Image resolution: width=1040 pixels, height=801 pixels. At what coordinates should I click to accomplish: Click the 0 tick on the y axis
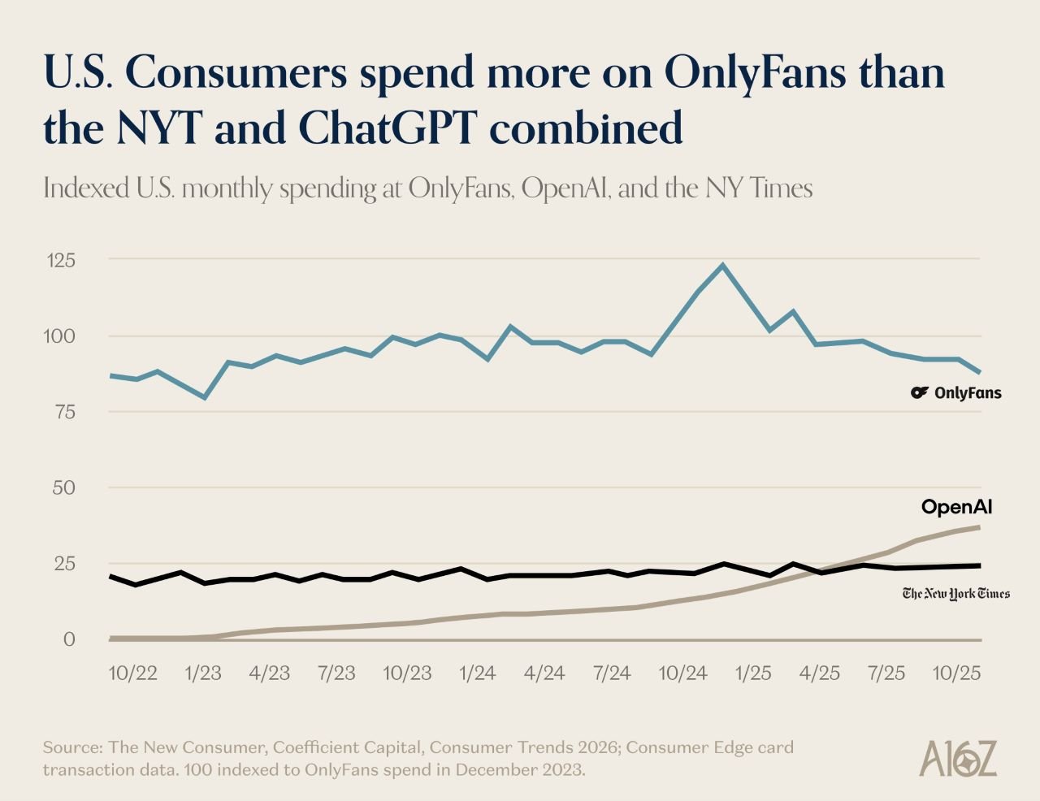(69, 639)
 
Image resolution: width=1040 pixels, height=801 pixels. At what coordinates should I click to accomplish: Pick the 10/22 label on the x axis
(132, 673)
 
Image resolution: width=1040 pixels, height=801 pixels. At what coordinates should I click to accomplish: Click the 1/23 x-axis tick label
(203, 673)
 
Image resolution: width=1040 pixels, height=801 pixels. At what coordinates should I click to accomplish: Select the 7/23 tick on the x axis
(336, 673)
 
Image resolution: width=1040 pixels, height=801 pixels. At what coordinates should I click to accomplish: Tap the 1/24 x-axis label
(477, 673)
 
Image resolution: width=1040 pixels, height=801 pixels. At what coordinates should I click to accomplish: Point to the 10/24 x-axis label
(682, 673)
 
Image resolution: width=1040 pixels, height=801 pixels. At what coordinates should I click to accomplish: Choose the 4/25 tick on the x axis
(820, 673)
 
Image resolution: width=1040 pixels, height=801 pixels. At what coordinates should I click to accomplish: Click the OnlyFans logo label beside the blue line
(956, 393)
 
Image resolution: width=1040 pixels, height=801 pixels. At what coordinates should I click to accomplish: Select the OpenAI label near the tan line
(956, 508)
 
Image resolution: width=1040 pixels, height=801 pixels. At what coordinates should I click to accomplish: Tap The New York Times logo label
(956, 594)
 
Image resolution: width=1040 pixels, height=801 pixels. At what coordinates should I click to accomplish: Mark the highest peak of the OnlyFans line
(722, 265)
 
